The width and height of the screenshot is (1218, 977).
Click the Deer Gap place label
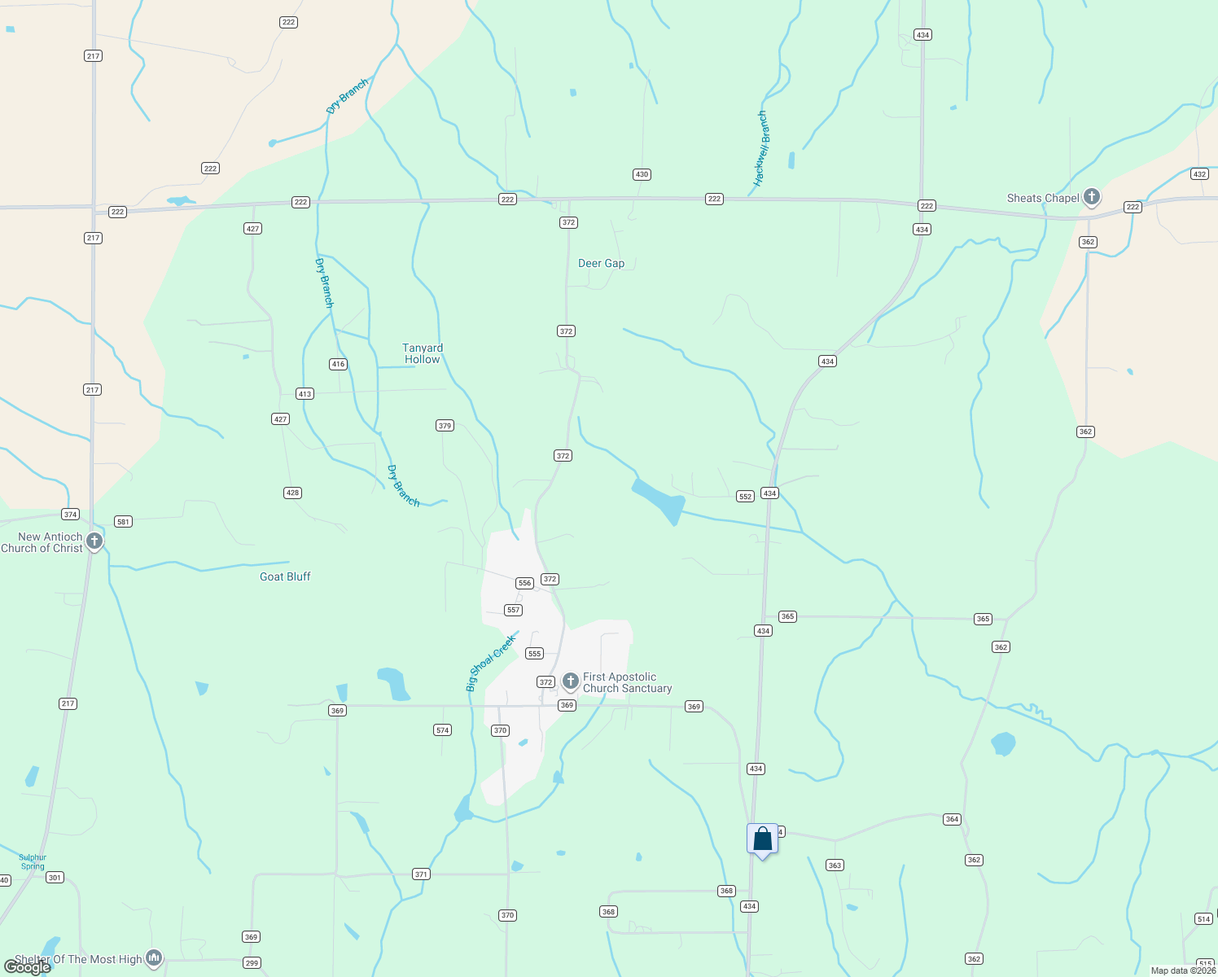(x=601, y=264)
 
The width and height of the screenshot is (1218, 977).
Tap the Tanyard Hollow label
(x=423, y=353)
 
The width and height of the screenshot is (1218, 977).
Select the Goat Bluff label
(x=285, y=576)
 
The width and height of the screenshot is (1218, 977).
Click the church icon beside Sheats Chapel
(x=1092, y=197)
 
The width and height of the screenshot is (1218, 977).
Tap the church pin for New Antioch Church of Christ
(x=94, y=541)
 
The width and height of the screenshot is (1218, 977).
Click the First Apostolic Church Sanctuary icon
(x=571, y=681)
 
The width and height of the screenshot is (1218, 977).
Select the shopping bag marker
(x=762, y=839)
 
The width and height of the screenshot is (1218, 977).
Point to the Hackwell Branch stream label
(x=761, y=149)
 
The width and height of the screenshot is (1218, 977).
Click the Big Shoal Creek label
(x=491, y=664)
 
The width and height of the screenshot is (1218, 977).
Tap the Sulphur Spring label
(x=33, y=861)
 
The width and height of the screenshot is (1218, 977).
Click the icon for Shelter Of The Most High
(x=154, y=958)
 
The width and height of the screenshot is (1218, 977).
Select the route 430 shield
(x=642, y=174)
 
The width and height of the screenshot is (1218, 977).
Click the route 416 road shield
(x=338, y=364)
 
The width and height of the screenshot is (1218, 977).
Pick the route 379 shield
(x=445, y=426)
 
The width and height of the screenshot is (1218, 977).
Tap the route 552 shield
(x=745, y=496)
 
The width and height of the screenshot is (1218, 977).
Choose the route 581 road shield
(x=123, y=522)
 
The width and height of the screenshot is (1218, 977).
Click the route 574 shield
(x=442, y=730)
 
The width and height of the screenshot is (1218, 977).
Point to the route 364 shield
(x=952, y=819)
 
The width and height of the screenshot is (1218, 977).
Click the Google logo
(x=28, y=967)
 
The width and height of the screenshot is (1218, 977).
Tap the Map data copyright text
(x=1183, y=970)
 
